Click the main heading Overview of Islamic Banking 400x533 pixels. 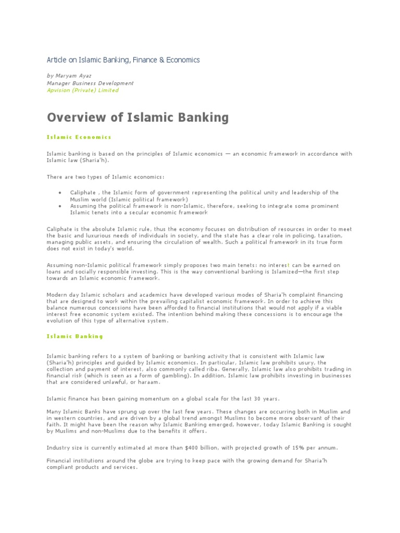tap(137, 117)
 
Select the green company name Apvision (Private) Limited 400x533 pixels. tap(83, 90)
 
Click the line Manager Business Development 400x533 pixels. tap(90, 83)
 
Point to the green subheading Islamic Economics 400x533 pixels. tap(79, 137)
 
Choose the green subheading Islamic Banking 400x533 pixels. tap(75, 336)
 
